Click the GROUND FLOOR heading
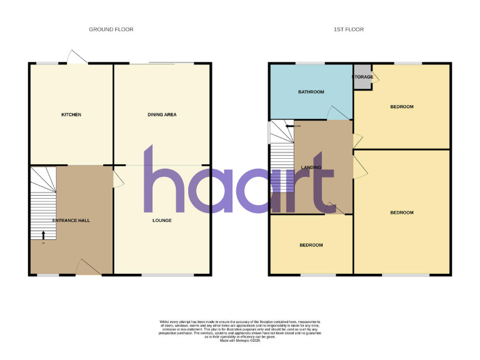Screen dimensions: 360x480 [111, 29]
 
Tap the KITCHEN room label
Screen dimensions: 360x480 [71, 114]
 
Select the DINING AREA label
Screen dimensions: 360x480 [162, 114]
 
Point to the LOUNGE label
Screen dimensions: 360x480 [162, 220]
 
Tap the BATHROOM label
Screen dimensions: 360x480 [311, 92]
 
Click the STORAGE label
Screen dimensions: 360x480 [362, 77]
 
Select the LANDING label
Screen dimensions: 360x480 [311, 167]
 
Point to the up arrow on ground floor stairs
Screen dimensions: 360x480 [43, 234]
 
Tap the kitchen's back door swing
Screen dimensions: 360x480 [78, 57]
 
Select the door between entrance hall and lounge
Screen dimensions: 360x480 [118, 179]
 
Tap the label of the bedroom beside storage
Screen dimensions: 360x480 [402, 107]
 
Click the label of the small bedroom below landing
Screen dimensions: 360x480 [311, 245]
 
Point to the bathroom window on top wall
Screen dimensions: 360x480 [310, 63]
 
